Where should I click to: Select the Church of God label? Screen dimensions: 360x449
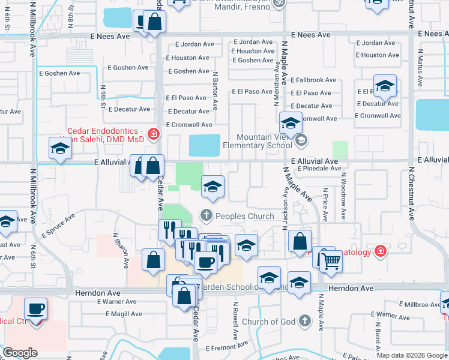[x=268, y=322]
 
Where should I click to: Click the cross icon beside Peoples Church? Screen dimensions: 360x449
[x=206, y=215]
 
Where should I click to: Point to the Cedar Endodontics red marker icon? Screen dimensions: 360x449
[x=154, y=133]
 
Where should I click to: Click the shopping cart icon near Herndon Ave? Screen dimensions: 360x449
[x=331, y=261]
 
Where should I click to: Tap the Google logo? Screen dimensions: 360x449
[x=20, y=352]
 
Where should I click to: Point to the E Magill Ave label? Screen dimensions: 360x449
[x=124, y=314]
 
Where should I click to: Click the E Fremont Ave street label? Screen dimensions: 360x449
[x=226, y=346]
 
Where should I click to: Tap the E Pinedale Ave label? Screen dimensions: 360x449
[x=319, y=169]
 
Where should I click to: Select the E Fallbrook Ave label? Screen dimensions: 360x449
[x=313, y=80]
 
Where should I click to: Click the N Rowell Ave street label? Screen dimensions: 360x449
[x=233, y=313]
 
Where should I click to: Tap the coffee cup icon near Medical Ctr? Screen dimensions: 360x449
[x=36, y=310]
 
